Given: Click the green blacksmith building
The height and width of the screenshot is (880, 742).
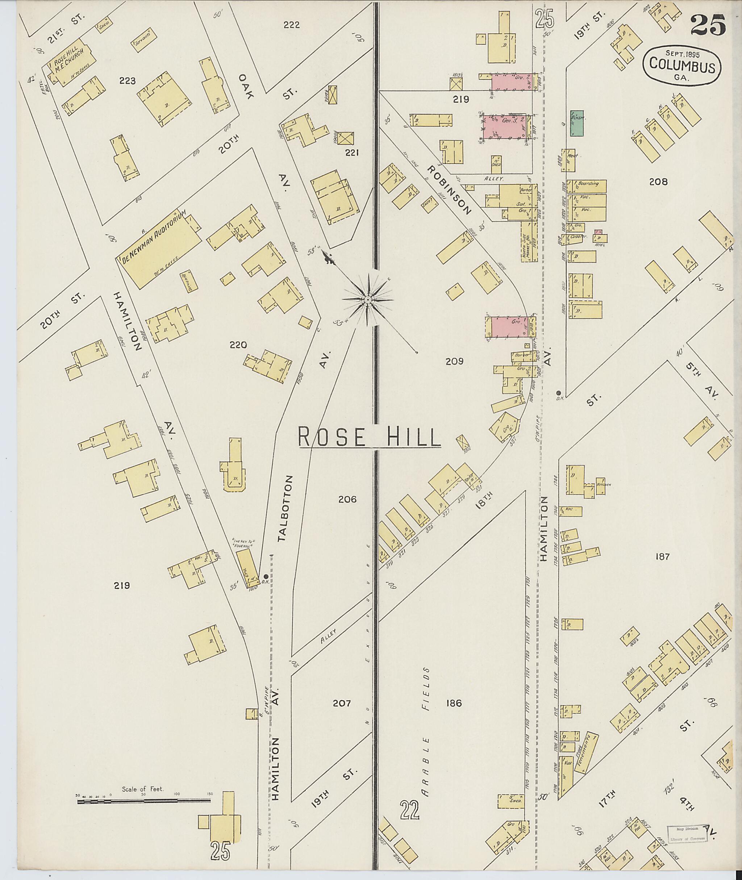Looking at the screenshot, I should click(576, 123).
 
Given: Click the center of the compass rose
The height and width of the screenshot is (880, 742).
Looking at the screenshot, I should click(368, 299).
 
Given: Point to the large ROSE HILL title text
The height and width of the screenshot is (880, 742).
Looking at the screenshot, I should click(369, 438).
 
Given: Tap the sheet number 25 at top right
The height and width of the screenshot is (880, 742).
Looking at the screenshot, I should click(708, 25).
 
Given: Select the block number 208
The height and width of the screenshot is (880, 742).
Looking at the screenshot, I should click(658, 182).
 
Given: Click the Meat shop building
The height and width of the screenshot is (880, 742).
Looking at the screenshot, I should click(570, 159).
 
